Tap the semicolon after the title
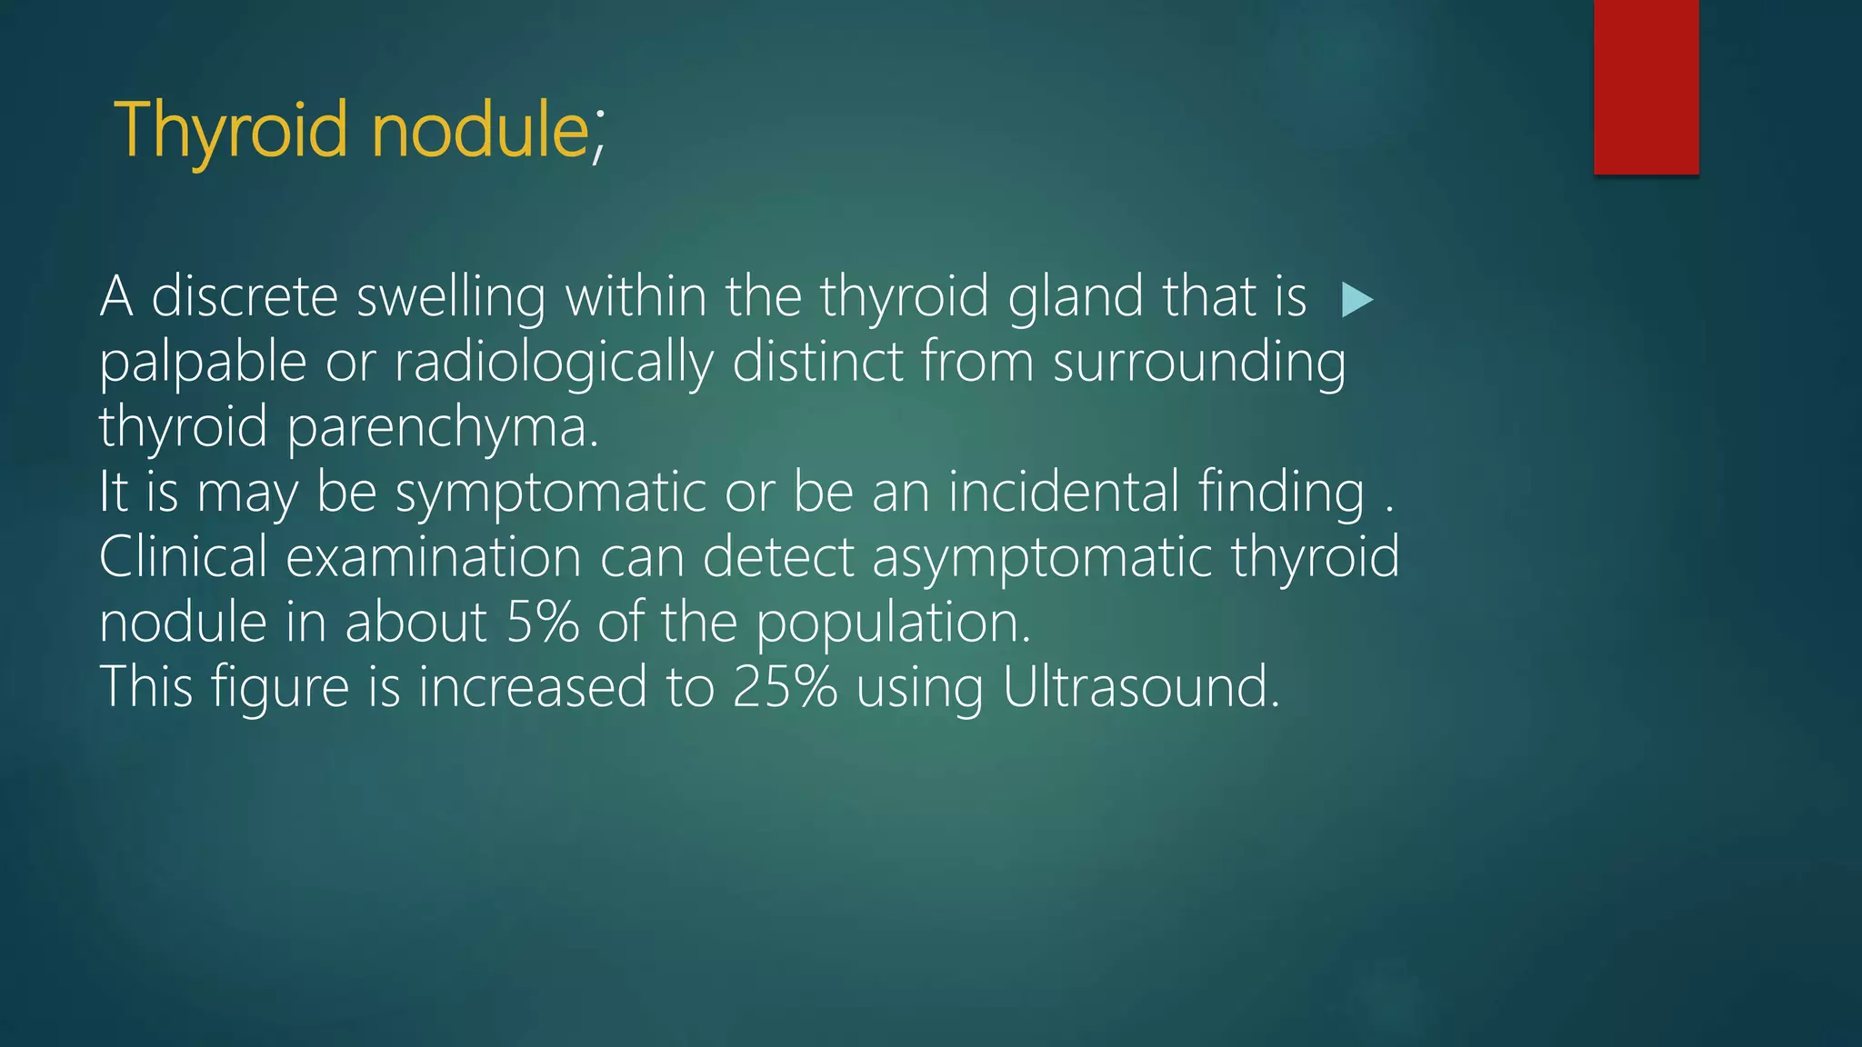pyautogui.click(x=598, y=141)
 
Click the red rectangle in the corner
pyautogui.click(x=1646, y=86)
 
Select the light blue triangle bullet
pyautogui.click(x=1356, y=300)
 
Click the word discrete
pyautogui.click(x=244, y=297)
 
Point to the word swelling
pyautogui.click(x=451, y=299)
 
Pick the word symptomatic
pyautogui.click(x=550, y=494)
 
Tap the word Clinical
pyautogui.click(x=183, y=556)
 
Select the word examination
pyautogui.click(x=433, y=556)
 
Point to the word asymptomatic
pyautogui.click(x=1042, y=558)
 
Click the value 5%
pyautogui.click(x=542, y=623)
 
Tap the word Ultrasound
pyautogui.click(x=1140, y=687)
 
